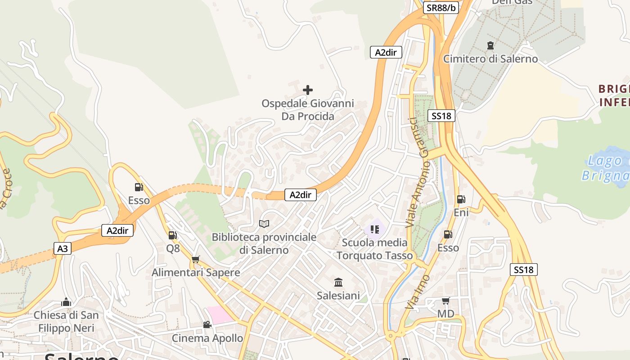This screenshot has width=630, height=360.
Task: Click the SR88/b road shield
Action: coord(441,8)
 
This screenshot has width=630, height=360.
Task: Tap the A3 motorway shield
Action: coord(63,248)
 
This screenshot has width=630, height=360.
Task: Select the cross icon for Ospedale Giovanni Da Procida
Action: coord(308,90)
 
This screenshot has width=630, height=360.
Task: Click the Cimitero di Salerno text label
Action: coord(490,59)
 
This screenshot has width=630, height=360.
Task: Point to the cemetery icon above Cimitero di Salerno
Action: coord(490,45)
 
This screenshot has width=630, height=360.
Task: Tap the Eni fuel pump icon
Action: coord(461,199)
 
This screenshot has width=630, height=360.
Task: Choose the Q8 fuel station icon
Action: coord(172,235)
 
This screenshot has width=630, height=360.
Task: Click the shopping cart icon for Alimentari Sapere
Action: coord(195,259)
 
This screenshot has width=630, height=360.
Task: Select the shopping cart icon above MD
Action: coord(445,301)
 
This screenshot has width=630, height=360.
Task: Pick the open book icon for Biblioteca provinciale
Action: coord(264,224)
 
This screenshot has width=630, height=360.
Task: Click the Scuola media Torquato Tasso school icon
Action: coord(375,229)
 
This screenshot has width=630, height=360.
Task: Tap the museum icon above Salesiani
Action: coord(338,283)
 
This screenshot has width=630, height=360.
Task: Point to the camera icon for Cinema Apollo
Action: coord(207,324)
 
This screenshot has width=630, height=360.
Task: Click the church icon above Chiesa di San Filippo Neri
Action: coord(66,302)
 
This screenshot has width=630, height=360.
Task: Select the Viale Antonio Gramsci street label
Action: coord(418,172)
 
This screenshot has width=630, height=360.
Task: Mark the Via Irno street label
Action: coord(417,292)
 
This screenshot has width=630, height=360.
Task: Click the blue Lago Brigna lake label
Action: coord(605,168)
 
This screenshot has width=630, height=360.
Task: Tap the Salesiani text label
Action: coord(338,296)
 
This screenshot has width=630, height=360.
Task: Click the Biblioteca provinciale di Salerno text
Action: coord(264,243)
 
